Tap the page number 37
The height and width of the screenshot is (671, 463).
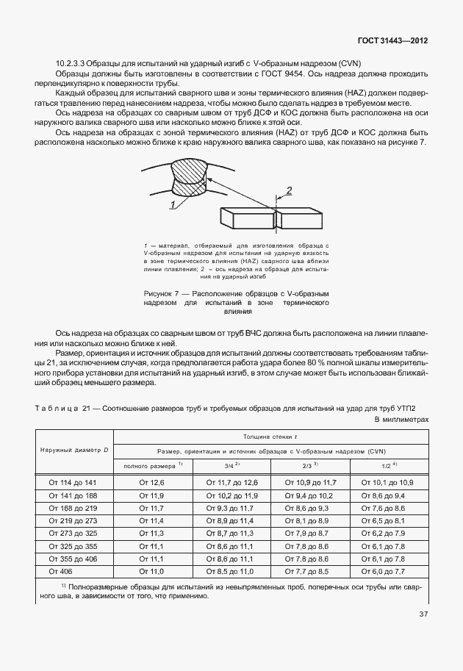pos(423,614)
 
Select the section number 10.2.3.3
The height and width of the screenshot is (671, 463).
pos(71,64)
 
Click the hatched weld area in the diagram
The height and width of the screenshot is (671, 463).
pos(190,179)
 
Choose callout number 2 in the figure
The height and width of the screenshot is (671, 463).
pos(290,190)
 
